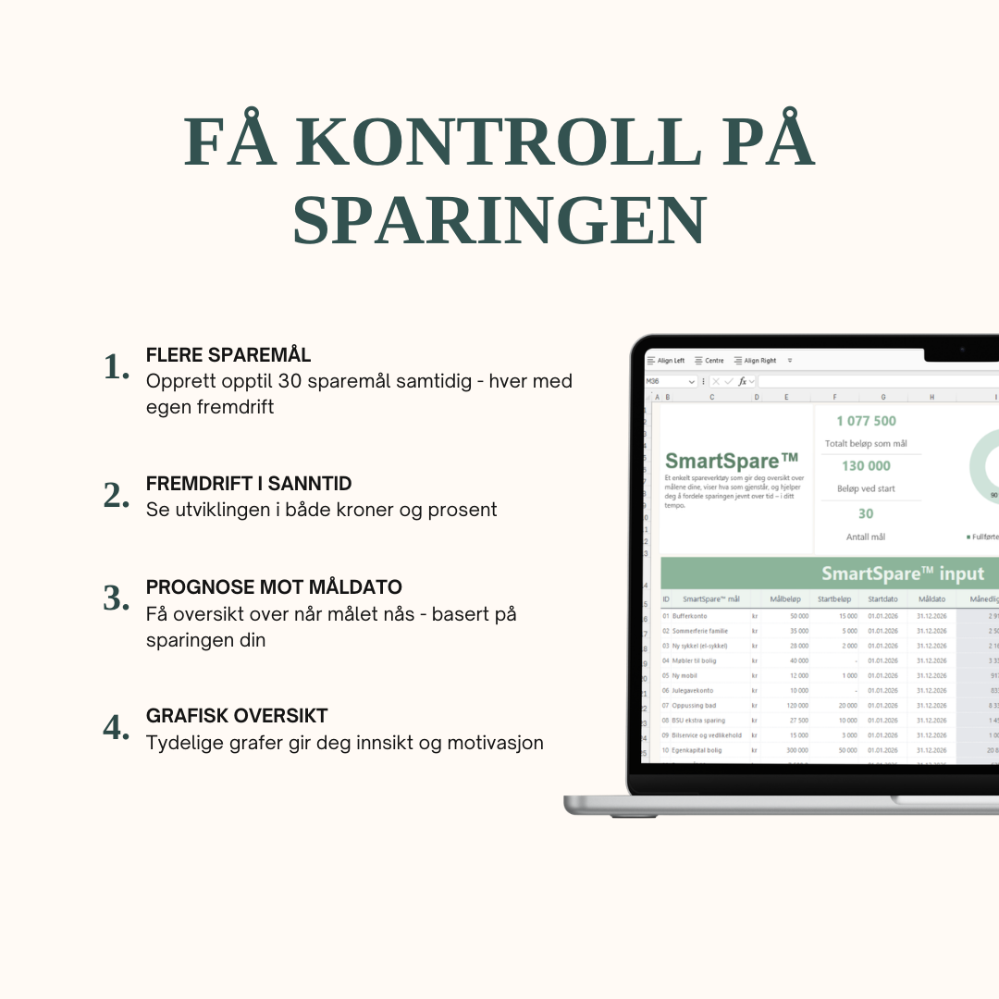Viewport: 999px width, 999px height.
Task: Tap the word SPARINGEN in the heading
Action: click(499, 220)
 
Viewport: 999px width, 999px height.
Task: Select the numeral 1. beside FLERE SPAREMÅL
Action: click(117, 367)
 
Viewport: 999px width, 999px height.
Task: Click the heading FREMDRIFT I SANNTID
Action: click(249, 484)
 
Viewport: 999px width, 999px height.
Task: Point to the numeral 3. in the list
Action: click(117, 598)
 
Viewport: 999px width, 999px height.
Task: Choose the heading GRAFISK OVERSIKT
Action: click(237, 716)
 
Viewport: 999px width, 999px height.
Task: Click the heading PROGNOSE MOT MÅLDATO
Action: click(274, 587)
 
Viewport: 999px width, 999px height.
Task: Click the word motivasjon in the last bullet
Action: click(495, 743)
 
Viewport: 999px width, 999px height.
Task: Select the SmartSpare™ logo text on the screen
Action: click(732, 461)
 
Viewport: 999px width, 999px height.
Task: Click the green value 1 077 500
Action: click(866, 421)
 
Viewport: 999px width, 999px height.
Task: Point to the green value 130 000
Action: click(866, 466)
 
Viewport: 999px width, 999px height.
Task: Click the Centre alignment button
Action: click(709, 361)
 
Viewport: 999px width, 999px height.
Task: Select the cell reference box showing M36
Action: click(668, 381)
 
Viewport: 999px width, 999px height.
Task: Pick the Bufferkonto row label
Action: click(689, 615)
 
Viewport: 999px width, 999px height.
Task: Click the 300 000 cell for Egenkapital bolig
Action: click(796, 750)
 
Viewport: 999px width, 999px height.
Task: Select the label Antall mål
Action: click(866, 536)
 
